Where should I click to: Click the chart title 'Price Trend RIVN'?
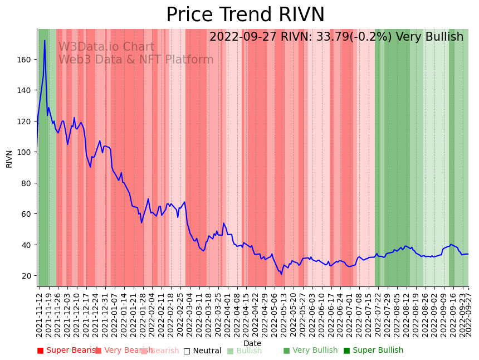pyautogui.click(x=245, y=15)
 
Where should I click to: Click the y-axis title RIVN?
pyautogui.click(x=9, y=158)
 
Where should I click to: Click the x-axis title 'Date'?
pyautogui.click(x=252, y=343)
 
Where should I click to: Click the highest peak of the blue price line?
pyautogui.click(x=45, y=40)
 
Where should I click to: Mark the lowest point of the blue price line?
pyautogui.click(x=281, y=274)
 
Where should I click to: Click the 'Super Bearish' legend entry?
pyautogui.click(x=67, y=351)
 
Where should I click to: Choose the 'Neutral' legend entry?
pyautogui.click(x=202, y=351)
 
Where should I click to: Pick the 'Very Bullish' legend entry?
pyautogui.click(x=310, y=351)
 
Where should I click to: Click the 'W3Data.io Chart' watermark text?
pyautogui.click(x=106, y=47)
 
